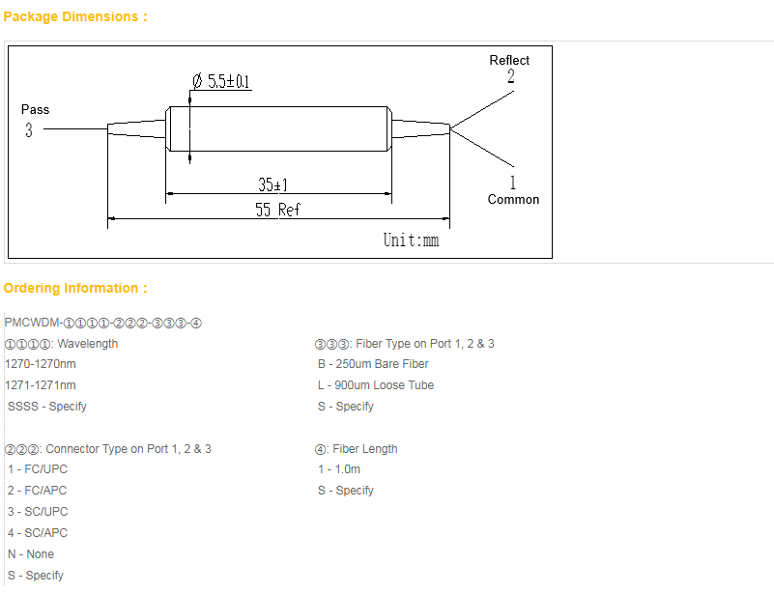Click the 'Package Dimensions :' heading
click(x=75, y=16)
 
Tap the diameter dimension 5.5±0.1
click(x=221, y=81)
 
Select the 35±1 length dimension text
click(x=272, y=184)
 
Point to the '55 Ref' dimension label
click(x=277, y=210)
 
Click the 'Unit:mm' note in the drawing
click(x=412, y=240)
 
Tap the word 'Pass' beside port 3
click(x=35, y=109)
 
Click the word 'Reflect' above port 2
click(x=509, y=60)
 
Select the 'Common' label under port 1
click(x=513, y=199)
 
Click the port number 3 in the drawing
click(x=29, y=130)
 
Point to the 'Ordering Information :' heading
click(x=75, y=288)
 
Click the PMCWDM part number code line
click(x=103, y=323)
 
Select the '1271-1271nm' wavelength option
click(x=41, y=385)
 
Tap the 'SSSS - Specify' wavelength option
click(x=47, y=407)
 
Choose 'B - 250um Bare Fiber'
click(x=373, y=364)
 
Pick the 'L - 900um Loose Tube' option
click(x=376, y=385)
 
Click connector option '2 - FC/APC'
click(x=37, y=491)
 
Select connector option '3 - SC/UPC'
click(x=38, y=512)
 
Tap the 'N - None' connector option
click(x=31, y=554)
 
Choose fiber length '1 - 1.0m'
click(x=339, y=469)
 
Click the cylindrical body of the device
click(x=278, y=128)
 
